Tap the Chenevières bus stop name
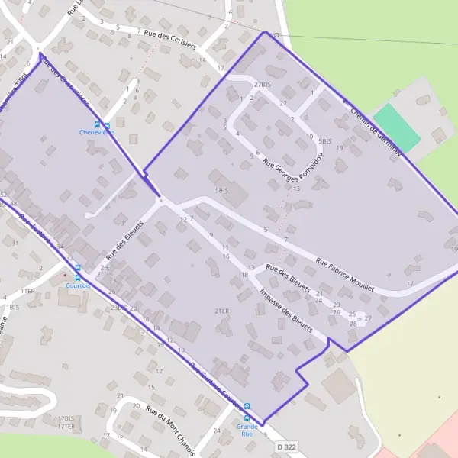click(97, 132)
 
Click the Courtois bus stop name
click(78, 285)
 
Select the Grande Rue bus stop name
click(246, 429)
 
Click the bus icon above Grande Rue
click(247, 407)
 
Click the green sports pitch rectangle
click(397, 127)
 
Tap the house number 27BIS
click(263, 84)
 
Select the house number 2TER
click(222, 311)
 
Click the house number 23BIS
click(118, 308)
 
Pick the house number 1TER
click(28, 291)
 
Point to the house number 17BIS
click(65, 419)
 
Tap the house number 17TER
click(65, 427)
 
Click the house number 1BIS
click(11, 307)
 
